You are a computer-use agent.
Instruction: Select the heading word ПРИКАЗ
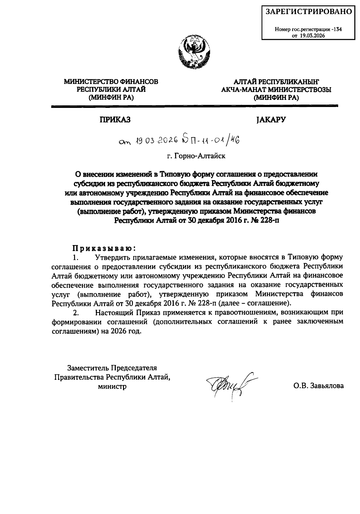tap(115, 120)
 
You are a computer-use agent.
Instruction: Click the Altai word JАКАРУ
tap(271, 120)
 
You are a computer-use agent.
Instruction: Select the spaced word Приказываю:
tap(104, 248)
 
